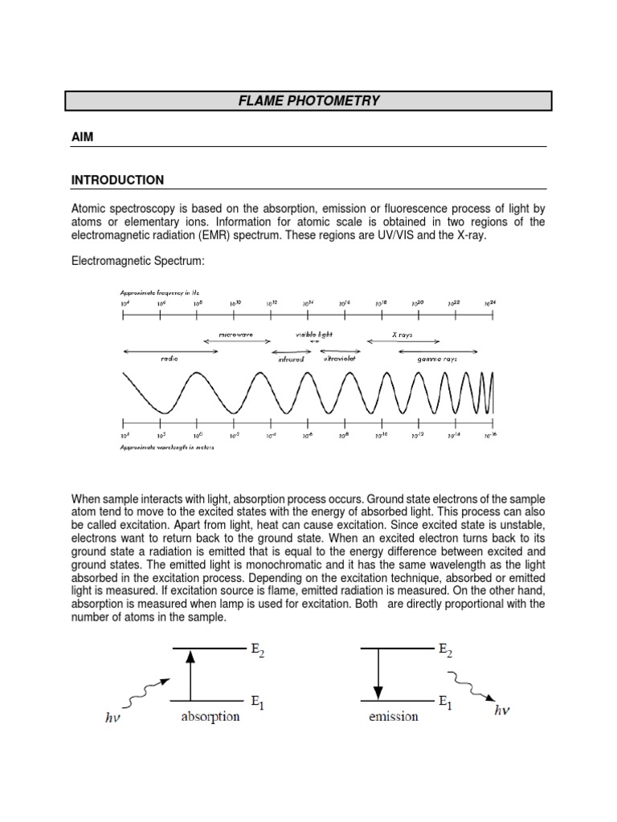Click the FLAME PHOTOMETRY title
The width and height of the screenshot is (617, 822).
308,101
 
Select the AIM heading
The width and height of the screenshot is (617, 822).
83,137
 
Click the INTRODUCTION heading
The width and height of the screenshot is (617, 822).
117,180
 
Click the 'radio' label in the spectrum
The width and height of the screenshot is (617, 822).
169,359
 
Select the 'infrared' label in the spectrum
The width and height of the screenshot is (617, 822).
291,360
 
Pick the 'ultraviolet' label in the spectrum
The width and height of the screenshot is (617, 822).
338,359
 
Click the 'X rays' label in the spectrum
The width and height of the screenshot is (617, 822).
402,334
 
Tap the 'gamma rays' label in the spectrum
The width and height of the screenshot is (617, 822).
436,360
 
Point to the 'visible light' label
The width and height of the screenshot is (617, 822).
313,333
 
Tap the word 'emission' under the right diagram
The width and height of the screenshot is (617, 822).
393,716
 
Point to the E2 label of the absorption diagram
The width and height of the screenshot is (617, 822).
258,651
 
